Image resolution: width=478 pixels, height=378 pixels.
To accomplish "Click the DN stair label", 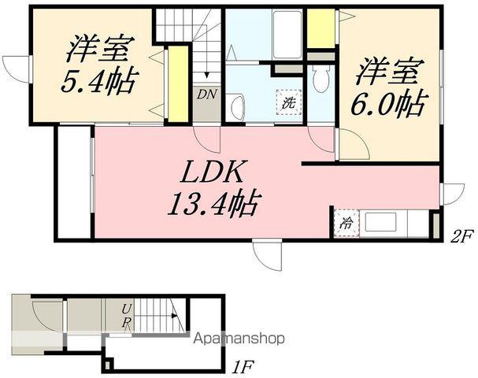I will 206,94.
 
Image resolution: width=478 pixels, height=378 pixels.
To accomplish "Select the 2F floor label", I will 462,234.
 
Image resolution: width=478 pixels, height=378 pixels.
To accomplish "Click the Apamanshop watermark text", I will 239,339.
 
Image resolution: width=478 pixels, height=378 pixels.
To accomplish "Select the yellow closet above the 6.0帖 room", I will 321,28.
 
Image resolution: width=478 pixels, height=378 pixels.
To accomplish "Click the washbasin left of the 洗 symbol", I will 235,106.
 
